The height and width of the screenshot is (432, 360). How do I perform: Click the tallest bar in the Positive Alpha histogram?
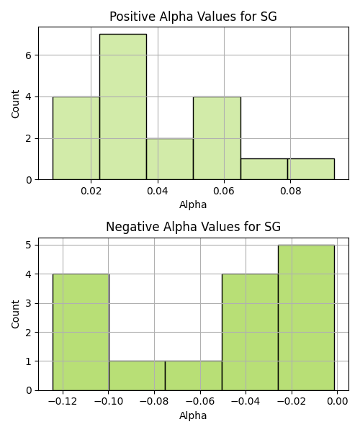click(123, 107)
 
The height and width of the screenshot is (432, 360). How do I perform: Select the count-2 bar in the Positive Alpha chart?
click(170, 159)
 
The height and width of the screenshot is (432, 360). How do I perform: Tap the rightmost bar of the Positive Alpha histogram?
click(311, 169)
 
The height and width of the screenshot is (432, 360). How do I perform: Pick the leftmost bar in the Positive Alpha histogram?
click(76, 138)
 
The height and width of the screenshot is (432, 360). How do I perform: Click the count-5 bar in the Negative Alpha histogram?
click(306, 318)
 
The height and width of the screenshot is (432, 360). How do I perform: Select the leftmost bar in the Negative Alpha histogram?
click(81, 332)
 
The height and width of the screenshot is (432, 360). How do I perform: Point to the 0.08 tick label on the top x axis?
click(290, 191)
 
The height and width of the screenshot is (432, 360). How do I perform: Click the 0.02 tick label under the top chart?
click(91, 191)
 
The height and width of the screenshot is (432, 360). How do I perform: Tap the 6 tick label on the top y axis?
click(29, 55)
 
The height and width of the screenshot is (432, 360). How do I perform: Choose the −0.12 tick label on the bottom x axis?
click(63, 402)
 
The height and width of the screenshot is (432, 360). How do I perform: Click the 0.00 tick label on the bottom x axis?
click(338, 402)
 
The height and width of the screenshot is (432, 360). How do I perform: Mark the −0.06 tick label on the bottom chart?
click(200, 402)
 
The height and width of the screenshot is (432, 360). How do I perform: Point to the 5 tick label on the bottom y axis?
click(29, 246)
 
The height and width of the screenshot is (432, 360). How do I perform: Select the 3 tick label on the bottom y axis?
click(29, 303)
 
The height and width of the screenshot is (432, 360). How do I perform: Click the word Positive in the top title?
click(132, 17)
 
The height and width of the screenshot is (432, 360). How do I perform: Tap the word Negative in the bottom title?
click(132, 227)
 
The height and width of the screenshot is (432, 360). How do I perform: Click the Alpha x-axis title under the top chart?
click(193, 204)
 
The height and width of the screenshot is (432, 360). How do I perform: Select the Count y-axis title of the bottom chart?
click(15, 314)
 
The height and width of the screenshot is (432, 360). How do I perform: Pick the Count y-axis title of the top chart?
click(15, 104)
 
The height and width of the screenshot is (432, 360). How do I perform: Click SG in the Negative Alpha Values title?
click(272, 227)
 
